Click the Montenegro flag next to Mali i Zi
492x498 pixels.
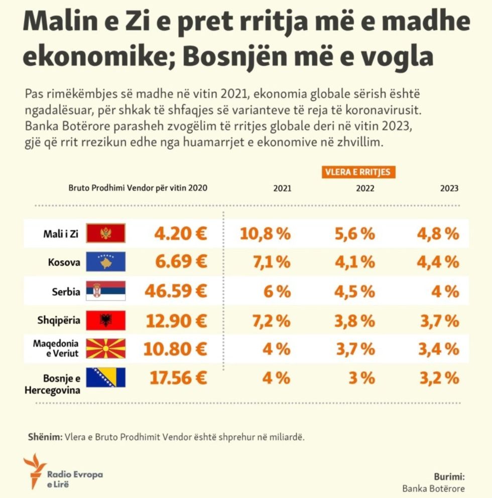coord(106,233)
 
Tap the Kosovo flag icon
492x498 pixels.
coord(106,262)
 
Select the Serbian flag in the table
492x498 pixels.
coord(106,291)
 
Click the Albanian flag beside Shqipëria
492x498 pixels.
coord(106,320)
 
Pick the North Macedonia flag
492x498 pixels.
coord(106,348)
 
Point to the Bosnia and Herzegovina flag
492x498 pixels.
coord(106,377)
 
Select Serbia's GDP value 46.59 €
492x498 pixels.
coord(176,291)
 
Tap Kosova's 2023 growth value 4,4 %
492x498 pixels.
coord(438,262)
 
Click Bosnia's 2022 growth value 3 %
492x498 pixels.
coord(362,377)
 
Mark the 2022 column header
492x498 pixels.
coord(365,189)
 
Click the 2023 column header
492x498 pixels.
coord(449,189)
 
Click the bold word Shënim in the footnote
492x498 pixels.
coord(44,437)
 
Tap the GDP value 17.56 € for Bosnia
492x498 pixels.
coord(179,377)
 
